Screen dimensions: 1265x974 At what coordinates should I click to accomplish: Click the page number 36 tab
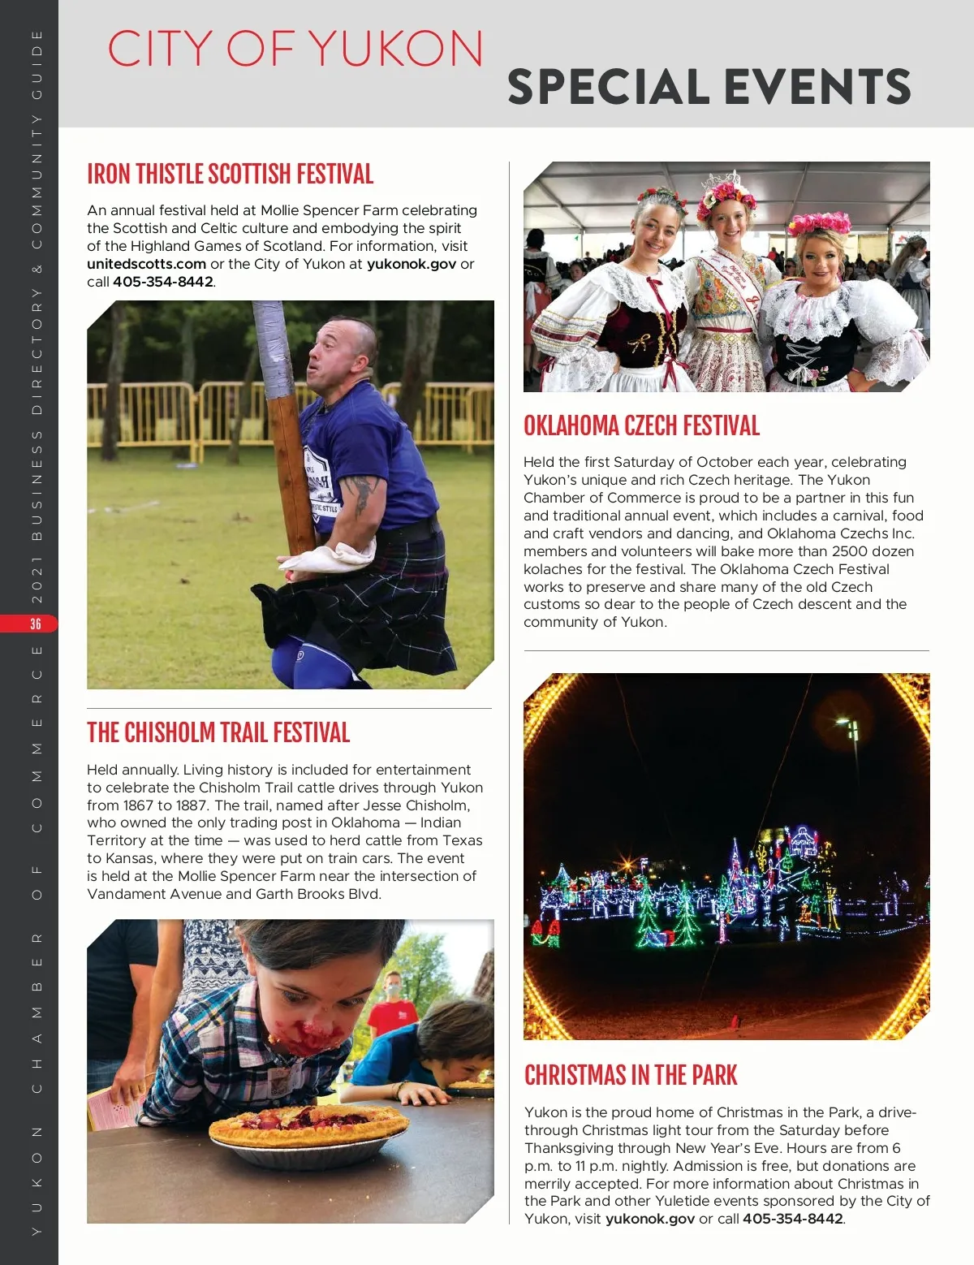35,624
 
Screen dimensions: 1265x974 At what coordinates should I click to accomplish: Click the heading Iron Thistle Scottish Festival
230,175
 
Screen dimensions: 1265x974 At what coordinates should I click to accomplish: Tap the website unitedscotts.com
146,264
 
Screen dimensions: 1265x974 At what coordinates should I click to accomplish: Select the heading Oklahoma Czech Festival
641,425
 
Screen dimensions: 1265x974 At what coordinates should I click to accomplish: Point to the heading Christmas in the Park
631,1075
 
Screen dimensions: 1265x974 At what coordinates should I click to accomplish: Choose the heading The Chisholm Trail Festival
218,732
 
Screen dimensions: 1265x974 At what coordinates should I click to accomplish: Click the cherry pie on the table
308,1125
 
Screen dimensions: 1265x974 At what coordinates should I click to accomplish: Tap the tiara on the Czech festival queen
725,180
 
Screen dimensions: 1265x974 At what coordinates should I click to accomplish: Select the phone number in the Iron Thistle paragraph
162,282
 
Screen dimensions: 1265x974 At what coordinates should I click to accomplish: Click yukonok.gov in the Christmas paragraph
650,1219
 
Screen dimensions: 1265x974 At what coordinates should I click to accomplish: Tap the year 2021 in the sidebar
37,580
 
